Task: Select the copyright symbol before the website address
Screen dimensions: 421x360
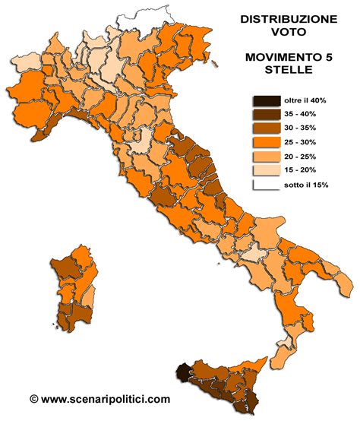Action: point(33,397)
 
